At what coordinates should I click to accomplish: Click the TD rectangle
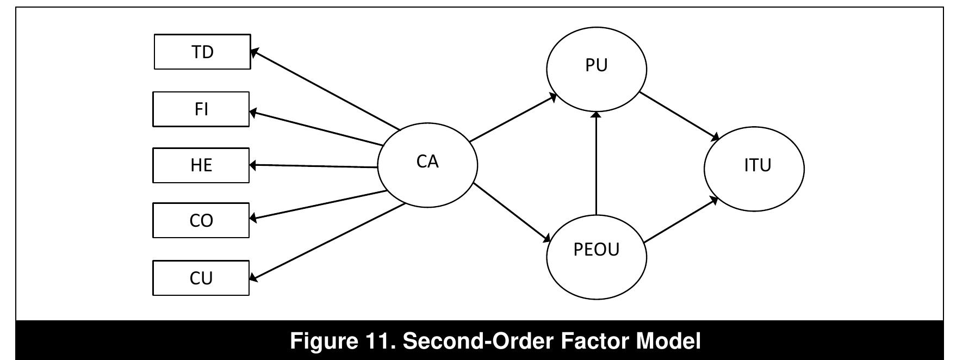pos(202,52)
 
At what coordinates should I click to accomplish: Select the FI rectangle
pos(201,109)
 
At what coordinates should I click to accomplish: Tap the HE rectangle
pos(201,165)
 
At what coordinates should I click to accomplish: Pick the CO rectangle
pos(201,220)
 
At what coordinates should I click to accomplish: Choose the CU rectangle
pos(201,278)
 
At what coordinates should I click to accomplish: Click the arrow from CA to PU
pos(513,117)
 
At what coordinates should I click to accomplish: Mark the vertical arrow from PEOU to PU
pos(597,163)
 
